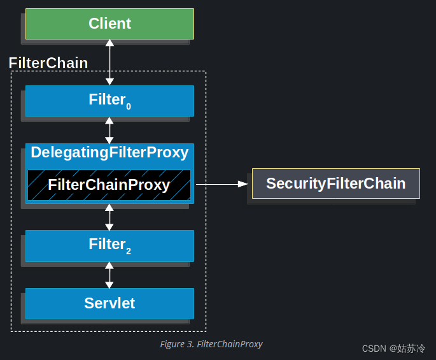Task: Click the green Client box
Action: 109,24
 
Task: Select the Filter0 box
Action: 109,101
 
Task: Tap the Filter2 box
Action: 109,245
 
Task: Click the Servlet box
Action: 109,303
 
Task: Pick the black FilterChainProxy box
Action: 109,185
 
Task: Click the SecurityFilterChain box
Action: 335,184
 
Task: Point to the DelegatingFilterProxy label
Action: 109,153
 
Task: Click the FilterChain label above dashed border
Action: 48,63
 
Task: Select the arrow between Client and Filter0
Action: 109,62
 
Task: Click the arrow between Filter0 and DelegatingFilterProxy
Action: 109,130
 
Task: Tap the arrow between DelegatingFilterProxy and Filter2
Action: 109,217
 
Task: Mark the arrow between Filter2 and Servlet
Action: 109,275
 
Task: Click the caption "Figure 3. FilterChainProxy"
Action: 211,344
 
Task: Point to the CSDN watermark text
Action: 393,349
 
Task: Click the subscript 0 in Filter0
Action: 129,106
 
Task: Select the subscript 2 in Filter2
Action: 129,251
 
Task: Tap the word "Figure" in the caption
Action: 172,344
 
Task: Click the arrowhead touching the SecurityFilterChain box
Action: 242,184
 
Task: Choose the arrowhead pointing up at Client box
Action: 109,43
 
